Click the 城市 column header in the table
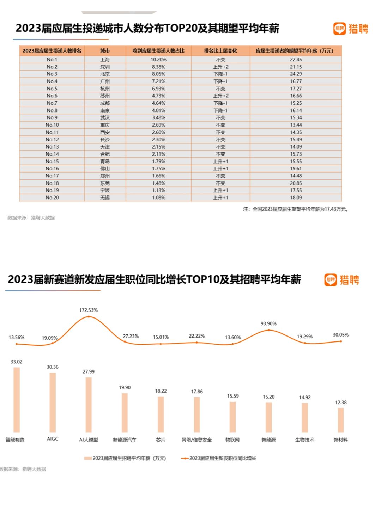[105, 51]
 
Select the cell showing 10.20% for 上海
[158, 60]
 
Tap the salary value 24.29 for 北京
[296, 74]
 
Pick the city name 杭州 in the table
[105, 89]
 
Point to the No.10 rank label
[52, 125]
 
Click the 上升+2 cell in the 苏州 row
[220, 96]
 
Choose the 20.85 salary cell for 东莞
[296, 183]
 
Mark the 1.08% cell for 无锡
[158, 198]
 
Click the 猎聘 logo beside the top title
[350, 29]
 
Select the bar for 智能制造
[17, 400]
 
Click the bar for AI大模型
[89, 405]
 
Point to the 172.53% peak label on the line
[88, 310]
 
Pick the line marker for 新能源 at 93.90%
[268, 330]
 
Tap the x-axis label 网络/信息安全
[196, 440]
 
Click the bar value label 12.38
[341, 403]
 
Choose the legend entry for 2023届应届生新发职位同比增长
[219, 458]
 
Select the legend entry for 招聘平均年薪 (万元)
[125, 458]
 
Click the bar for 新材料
[341, 420]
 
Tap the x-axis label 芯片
[161, 440]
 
